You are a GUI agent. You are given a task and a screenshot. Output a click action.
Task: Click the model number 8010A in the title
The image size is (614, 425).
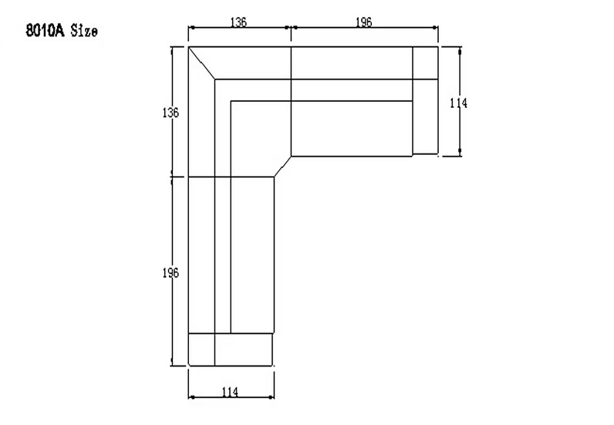tap(45, 31)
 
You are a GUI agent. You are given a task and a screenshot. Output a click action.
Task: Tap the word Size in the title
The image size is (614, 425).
tap(84, 31)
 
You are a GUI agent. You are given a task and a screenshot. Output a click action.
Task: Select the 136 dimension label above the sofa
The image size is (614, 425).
tap(238, 22)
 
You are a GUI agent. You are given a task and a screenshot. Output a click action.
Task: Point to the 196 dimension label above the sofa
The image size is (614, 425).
tap(364, 22)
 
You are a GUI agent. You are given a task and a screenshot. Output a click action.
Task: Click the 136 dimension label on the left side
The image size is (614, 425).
tap(170, 113)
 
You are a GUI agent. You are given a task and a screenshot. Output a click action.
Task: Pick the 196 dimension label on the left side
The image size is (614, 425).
tap(170, 273)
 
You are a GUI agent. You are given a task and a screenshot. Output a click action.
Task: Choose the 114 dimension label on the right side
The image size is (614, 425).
tap(458, 103)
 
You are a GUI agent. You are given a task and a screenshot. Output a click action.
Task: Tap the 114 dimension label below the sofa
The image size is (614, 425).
tap(230, 392)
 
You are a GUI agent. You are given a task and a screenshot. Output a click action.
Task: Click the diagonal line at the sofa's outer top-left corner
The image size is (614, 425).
tap(201, 63)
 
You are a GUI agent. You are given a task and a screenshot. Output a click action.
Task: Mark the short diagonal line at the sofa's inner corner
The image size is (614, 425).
tap(283, 167)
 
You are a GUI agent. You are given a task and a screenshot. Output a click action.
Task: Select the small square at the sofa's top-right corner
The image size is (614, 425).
tap(425, 63)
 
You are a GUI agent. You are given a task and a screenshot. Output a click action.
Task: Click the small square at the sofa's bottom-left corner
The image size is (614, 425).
tap(201, 349)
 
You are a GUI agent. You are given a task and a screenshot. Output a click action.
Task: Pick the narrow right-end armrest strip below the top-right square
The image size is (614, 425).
tap(425, 116)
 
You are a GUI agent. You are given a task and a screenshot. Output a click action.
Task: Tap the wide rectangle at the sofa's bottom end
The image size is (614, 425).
tap(244, 349)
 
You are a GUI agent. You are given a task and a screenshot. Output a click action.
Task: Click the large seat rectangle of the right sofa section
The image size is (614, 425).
tap(352, 129)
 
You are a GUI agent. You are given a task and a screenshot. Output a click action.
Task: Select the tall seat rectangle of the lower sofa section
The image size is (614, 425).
tap(252, 255)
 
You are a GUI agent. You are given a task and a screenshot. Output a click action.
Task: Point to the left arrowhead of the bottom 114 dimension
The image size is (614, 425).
tap(191, 397)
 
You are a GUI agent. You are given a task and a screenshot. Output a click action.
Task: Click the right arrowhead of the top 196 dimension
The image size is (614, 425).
tap(435, 28)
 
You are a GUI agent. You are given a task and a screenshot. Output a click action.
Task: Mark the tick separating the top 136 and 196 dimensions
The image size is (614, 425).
tap(291, 28)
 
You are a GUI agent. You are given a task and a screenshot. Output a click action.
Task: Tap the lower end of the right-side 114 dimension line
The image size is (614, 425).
tap(460, 156)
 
